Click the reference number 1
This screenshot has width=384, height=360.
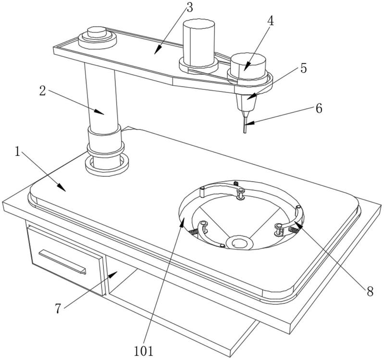coord(17,152)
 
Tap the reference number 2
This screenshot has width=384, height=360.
coord(43,91)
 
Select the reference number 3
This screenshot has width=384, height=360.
coord(190,8)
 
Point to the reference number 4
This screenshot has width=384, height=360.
coord(270,21)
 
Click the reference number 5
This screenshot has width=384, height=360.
coord(303,68)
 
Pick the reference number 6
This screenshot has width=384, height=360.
coord(319,108)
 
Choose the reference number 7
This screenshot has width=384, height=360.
coord(58,309)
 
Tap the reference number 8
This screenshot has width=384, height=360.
coord(370,291)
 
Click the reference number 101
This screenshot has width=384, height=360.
coord(144,351)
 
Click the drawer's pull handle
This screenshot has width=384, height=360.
coord(62,262)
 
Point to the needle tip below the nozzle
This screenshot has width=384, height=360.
coord(245,133)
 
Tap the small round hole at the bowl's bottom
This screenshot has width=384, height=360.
coord(239,244)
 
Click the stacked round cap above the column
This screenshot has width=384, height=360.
coord(97,37)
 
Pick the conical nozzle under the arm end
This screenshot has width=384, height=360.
coord(246,103)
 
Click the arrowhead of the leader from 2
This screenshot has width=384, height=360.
coord(100,112)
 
